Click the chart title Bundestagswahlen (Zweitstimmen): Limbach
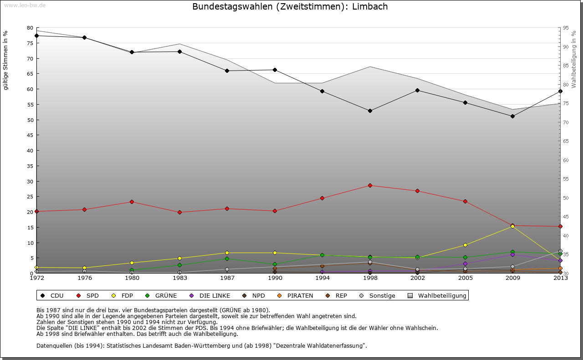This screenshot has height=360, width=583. click(290, 7)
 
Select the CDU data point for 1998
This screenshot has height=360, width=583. click(370, 111)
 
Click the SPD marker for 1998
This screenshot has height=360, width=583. click(370, 185)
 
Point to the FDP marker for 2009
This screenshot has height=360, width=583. click(513, 226)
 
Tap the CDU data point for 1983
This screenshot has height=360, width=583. click(179, 51)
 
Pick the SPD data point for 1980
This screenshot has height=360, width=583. click(132, 202)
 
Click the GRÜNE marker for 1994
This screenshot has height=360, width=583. click(322, 255)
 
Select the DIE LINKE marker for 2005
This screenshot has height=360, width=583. click(465, 264)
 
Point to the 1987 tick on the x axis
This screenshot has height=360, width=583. click(227, 278)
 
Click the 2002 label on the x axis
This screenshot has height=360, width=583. click(417, 278)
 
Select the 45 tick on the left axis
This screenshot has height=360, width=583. click(30, 135)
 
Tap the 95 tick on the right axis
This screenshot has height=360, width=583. click(565, 28)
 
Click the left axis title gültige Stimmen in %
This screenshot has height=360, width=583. click(6, 60)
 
